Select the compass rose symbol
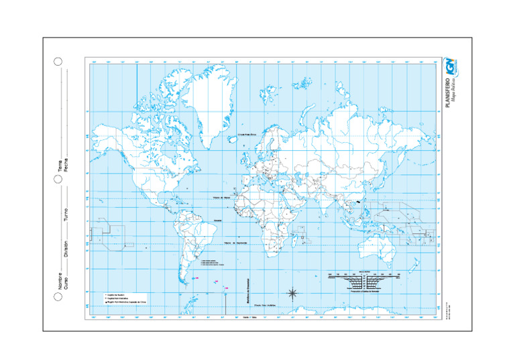293,293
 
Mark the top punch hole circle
58,62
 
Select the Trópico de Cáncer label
222,197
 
